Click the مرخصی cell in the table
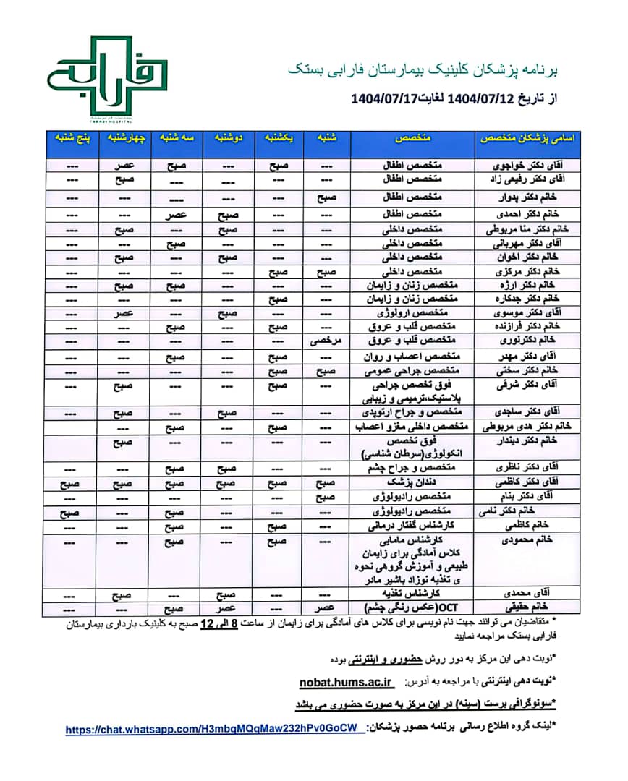(x=325, y=339)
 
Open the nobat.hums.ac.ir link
(x=346, y=681)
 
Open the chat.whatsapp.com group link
(x=215, y=730)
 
